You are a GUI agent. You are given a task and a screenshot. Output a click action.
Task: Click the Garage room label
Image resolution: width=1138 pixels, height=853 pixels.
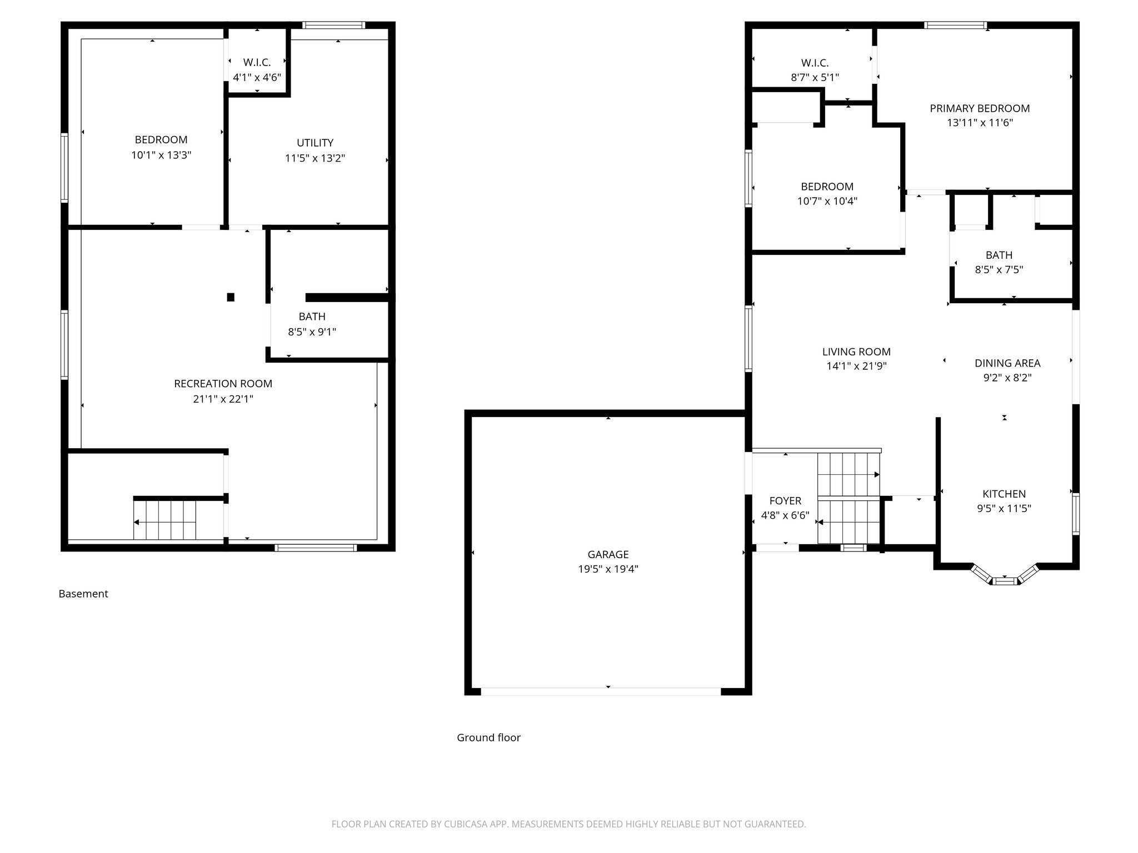[x=608, y=554]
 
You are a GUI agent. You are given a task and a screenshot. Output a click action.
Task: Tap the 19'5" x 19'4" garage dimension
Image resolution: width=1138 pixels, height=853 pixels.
[x=608, y=569]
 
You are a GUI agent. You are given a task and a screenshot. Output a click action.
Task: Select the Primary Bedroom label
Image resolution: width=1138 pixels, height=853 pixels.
[x=980, y=108]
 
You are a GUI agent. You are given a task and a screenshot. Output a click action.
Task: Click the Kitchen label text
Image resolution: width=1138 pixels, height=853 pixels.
[x=1004, y=494]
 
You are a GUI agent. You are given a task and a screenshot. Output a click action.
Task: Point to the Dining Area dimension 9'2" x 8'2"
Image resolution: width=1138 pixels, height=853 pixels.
[x=1007, y=378]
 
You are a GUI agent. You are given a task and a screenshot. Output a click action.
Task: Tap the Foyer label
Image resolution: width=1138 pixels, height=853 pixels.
[x=785, y=501]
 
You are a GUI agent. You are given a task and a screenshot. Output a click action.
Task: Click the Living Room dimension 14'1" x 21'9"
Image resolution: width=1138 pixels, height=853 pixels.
[x=856, y=367]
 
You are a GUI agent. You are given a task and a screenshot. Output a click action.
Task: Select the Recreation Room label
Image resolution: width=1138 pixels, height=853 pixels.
[x=223, y=384]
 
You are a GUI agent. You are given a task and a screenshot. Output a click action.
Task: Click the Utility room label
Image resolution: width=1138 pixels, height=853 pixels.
[x=315, y=143]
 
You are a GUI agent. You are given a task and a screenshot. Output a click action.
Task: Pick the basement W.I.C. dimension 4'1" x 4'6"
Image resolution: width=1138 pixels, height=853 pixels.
[x=257, y=78]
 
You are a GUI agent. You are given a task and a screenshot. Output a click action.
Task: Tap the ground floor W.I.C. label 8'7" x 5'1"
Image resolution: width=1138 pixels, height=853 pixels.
[x=815, y=78]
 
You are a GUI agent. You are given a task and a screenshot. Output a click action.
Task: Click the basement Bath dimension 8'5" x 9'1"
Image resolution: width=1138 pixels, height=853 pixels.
[x=312, y=332]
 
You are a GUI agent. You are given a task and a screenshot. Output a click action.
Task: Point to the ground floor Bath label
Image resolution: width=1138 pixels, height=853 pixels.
[x=999, y=255]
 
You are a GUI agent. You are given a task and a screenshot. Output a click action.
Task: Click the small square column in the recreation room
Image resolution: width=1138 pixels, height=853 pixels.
[x=231, y=297]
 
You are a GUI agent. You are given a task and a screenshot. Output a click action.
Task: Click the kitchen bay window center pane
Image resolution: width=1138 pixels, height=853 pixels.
[x=1004, y=581]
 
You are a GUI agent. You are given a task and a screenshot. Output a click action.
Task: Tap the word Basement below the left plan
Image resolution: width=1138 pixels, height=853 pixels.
[x=83, y=594]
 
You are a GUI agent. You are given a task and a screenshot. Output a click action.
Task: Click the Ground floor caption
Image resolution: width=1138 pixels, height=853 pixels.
[x=488, y=737]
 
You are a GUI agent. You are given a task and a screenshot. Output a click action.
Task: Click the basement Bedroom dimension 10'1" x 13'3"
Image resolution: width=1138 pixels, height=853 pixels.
[x=161, y=155]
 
